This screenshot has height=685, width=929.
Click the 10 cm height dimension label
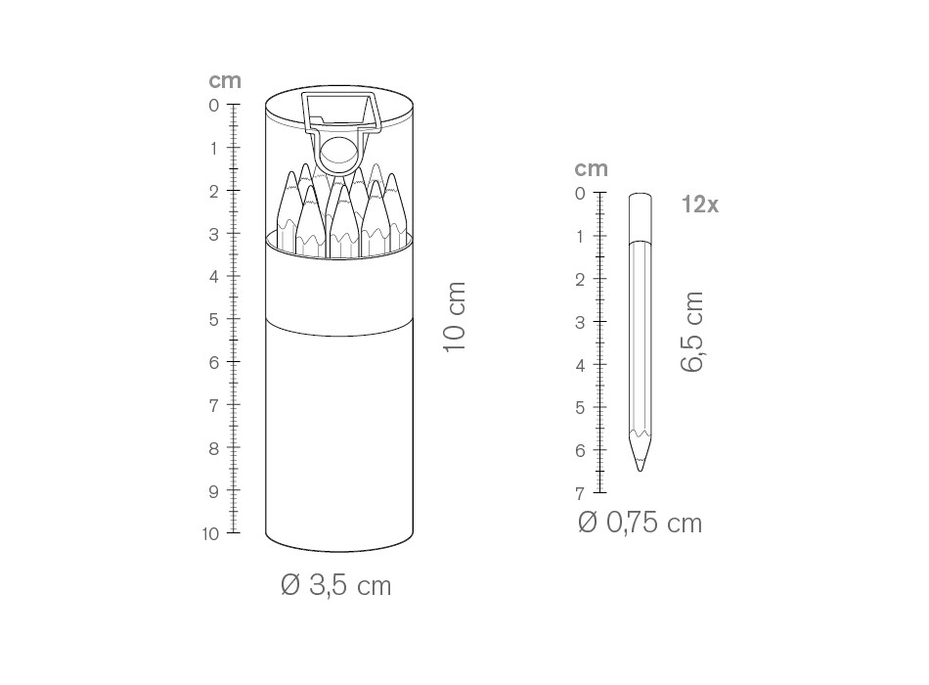[455, 317]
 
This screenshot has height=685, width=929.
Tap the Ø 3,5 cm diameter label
[336, 585]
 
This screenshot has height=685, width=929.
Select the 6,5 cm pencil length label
[692, 332]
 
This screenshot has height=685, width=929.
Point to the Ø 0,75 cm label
[640, 523]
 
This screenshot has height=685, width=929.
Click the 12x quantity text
[700, 205]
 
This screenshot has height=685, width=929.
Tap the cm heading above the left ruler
[225, 80]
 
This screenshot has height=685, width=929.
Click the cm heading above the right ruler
[592, 169]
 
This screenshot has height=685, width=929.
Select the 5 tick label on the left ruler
[214, 320]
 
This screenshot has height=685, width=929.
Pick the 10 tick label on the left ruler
[210, 533]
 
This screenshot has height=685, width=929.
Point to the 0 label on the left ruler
[214, 106]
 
